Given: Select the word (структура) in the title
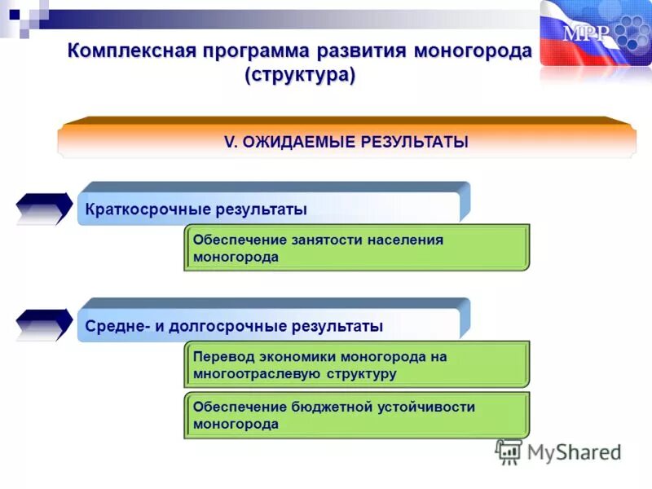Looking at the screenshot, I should point(300,75).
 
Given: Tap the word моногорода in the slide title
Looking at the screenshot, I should point(473,51).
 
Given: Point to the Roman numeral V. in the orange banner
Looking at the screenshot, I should point(230,142).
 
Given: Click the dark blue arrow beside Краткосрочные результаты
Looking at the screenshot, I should point(45,209).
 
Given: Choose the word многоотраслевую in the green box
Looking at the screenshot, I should point(257,374).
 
